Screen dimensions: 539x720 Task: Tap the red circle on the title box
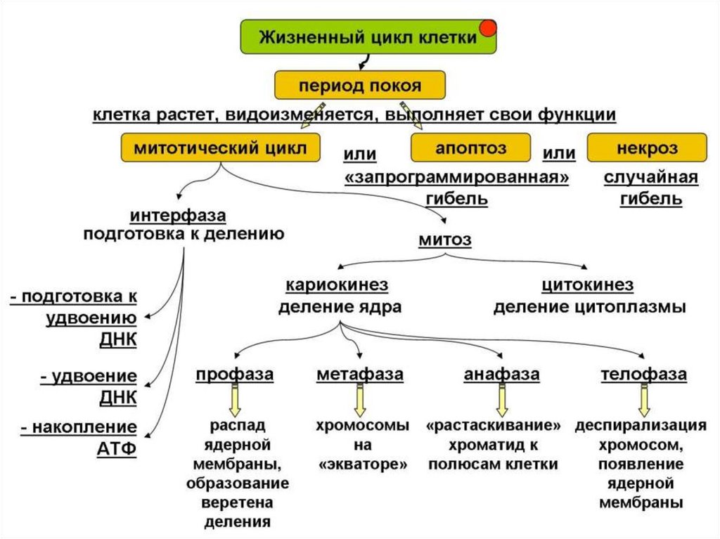487,28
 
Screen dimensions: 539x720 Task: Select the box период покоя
360,86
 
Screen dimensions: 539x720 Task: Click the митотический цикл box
220,148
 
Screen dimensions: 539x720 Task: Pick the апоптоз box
471,148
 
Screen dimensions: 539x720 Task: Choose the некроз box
647,148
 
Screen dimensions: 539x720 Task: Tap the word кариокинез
337,285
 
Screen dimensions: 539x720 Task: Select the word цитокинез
588,285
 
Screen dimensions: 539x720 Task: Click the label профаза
234,374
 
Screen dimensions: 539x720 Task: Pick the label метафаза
360,374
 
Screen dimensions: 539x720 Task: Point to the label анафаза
501,374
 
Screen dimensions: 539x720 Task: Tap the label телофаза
643,374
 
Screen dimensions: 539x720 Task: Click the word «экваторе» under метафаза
362,465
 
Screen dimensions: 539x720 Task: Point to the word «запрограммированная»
457,177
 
